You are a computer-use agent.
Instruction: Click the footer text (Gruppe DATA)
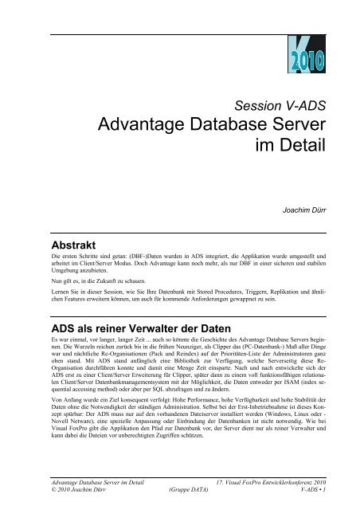pos(194,492)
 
